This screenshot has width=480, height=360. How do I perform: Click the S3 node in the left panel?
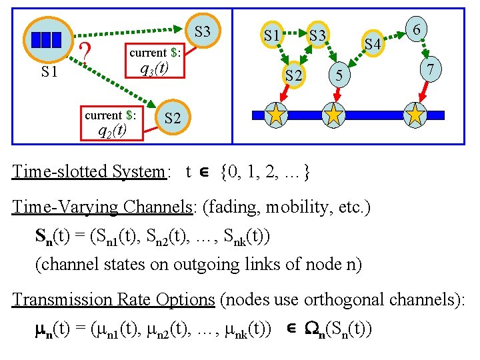click(203, 31)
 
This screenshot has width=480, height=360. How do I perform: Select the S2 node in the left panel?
click(172, 119)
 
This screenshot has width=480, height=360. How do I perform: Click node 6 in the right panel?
click(416, 30)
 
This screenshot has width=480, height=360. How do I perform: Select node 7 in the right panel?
click(431, 69)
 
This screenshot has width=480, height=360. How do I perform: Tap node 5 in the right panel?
click(339, 75)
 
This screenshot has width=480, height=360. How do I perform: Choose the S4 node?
click(373, 45)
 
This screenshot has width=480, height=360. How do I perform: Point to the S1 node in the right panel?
click(271, 34)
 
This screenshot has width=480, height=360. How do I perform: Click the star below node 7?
click(416, 115)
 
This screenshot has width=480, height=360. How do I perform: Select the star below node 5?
click(333, 115)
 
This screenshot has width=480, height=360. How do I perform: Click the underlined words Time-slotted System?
click(88, 171)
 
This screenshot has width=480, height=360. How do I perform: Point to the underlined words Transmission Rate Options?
click(113, 299)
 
